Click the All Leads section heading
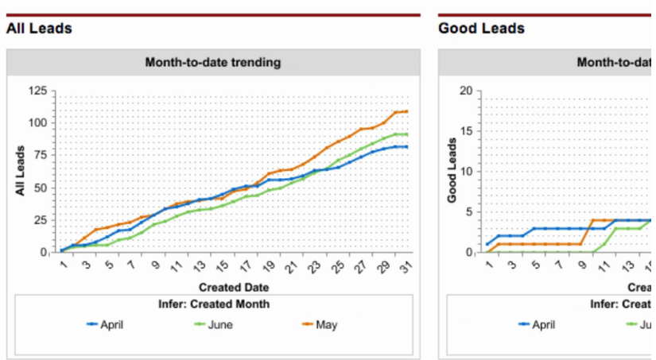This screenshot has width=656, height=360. [x=39, y=29]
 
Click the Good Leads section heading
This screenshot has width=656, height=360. [x=481, y=29]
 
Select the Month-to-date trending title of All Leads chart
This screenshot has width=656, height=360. [x=213, y=62]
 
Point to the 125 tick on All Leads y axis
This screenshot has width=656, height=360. [x=37, y=91]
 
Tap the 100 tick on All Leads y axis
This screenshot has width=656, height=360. [x=37, y=122]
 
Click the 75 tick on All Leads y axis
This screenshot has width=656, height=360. [x=40, y=155]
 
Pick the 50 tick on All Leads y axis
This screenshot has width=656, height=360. [x=40, y=188]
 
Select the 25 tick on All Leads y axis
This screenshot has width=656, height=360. [x=40, y=220]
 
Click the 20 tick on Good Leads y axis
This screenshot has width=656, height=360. [x=465, y=91]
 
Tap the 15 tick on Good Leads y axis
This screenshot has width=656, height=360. [x=465, y=131]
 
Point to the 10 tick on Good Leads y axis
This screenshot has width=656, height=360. [x=465, y=172]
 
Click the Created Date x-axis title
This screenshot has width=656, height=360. [x=234, y=287]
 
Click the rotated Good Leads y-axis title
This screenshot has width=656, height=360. [x=452, y=171]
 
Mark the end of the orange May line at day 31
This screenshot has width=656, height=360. [x=407, y=111]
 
